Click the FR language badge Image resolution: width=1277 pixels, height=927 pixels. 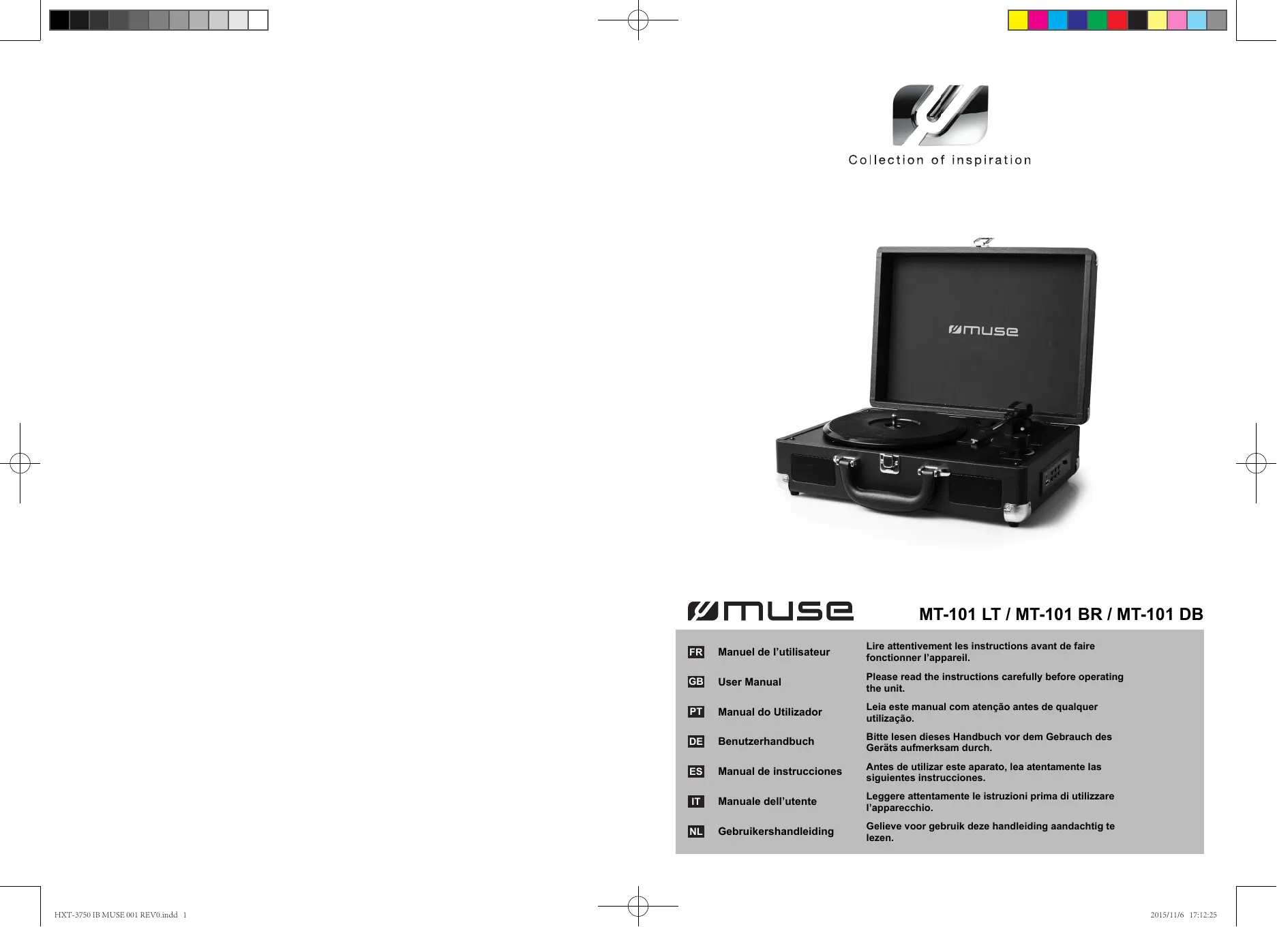coord(695,652)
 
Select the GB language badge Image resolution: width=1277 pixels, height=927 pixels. coord(695,681)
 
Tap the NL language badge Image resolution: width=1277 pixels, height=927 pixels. coord(695,832)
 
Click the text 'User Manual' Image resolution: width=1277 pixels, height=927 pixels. coord(749,682)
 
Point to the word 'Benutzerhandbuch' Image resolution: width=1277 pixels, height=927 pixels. coord(766,741)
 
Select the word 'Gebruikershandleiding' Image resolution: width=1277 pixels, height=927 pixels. coord(775,832)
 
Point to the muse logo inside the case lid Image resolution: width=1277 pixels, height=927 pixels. coord(983,331)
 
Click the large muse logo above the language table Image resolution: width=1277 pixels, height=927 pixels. coord(770,611)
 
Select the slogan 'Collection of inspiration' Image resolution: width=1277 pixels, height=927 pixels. coord(940,160)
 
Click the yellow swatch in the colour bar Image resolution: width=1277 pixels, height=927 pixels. coord(1018,21)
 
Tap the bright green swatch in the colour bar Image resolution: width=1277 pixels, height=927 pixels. coord(1097,21)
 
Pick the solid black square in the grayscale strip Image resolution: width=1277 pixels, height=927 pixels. coord(59,21)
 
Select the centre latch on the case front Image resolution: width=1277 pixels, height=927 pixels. coord(889,464)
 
